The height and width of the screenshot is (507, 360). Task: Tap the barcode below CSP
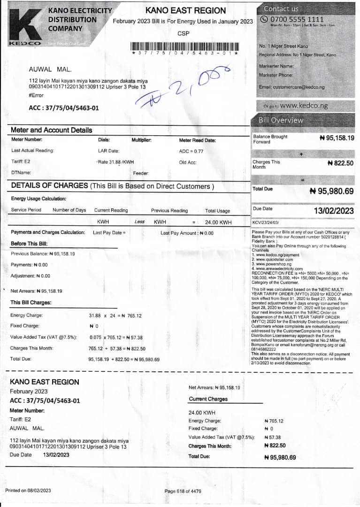point(185,47)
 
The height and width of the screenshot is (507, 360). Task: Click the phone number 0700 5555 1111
point(297,19)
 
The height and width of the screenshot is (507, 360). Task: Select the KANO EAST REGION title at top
point(185,10)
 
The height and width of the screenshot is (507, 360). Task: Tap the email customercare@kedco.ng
point(291,87)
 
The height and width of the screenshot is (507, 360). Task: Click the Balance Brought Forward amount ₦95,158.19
point(337,138)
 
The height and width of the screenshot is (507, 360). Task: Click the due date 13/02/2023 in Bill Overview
point(334,211)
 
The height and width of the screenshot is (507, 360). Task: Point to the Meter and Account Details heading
point(52,130)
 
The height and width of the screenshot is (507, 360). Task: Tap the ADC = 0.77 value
point(191,151)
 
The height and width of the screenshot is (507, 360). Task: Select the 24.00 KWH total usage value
point(218,222)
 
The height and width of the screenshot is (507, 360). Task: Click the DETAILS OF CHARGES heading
point(112,186)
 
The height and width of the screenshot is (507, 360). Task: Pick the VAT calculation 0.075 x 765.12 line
point(116,338)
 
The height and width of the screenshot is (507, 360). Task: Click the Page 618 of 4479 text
point(183,491)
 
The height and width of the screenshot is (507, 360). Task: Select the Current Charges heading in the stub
point(208,399)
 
